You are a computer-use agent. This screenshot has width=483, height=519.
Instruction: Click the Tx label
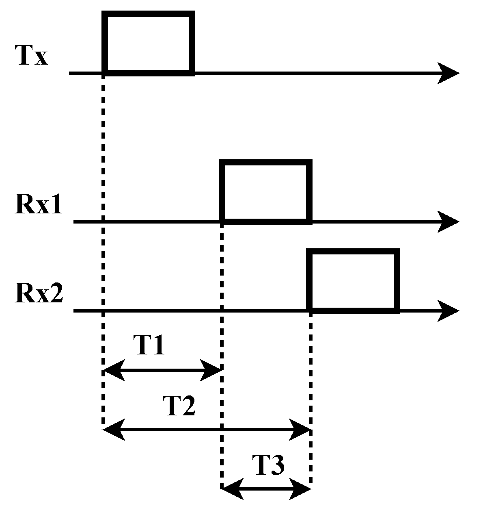click(x=32, y=56)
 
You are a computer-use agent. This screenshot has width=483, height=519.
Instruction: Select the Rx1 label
click(x=39, y=204)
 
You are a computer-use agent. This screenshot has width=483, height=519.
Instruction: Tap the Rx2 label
click(x=39, y=293)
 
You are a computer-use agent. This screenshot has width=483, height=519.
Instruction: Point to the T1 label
click(x=149, y=346)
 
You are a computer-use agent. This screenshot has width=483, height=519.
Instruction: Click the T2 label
click(x=179, y=406)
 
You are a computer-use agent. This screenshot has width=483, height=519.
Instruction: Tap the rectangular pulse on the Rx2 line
click(x=353, y=281)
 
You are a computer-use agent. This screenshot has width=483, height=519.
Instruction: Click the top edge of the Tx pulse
click(x=149, y=14)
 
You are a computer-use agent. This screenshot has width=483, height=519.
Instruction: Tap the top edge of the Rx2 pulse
click(x=353, y=252)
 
